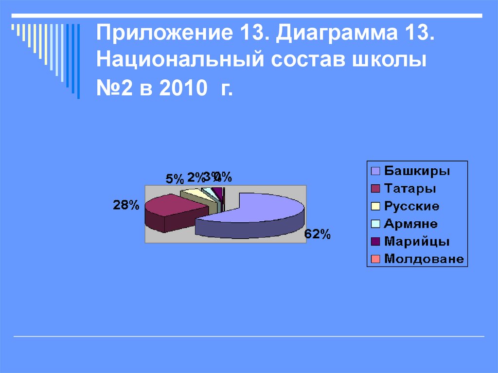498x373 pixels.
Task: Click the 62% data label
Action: point(318,235)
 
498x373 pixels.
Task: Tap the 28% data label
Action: point(126,205)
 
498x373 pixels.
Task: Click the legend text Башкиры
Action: point(417,171)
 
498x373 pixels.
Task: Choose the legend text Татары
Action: point(410,189)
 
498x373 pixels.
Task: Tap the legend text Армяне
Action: point(410,224)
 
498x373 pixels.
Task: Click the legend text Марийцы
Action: point(416,241)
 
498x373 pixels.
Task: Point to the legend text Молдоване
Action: point(424,259)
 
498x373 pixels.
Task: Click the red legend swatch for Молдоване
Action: point(375,259)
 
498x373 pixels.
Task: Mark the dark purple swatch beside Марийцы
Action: point(375,241)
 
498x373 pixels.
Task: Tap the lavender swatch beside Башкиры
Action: point(375,171)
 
